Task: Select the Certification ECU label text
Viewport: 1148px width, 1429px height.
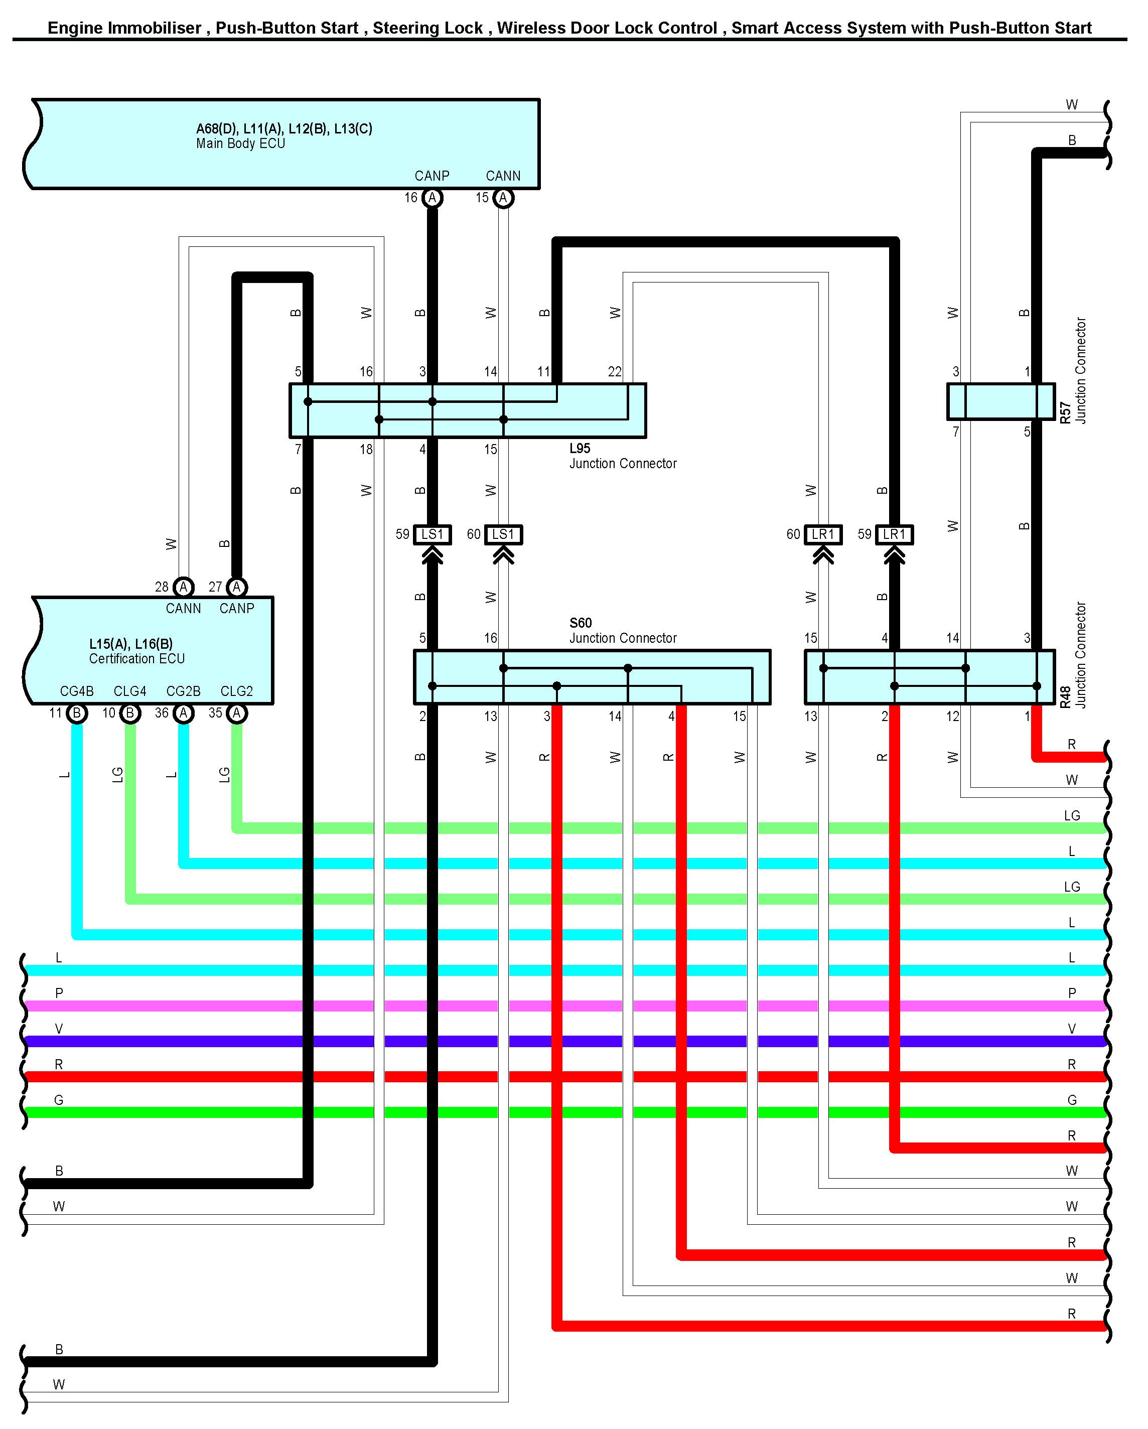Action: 136,659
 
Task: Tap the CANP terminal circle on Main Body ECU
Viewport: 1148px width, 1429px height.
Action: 432,198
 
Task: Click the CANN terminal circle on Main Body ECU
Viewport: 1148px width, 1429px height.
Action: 503,198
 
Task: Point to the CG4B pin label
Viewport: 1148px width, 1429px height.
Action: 77,691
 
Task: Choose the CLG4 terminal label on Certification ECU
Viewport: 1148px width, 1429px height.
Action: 130,691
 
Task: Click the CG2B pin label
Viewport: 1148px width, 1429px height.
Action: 183,691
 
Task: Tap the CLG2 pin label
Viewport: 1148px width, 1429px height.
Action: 237,691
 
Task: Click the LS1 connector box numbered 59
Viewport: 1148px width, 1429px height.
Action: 432,534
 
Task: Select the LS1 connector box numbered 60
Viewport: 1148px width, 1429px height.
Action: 503,534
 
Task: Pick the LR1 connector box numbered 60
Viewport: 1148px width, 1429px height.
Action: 823,534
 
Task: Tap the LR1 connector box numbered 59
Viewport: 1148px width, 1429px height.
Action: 894,534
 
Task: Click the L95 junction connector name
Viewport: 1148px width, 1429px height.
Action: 580,448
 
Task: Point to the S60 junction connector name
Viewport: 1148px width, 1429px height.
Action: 580,623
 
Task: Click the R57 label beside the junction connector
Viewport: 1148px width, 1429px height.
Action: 1065,412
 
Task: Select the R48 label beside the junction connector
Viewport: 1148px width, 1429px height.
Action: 1065,697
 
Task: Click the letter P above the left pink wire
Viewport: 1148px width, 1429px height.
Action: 59,993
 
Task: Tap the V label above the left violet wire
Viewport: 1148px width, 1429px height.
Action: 59,1029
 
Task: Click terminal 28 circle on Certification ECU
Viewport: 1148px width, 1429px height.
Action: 183,587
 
